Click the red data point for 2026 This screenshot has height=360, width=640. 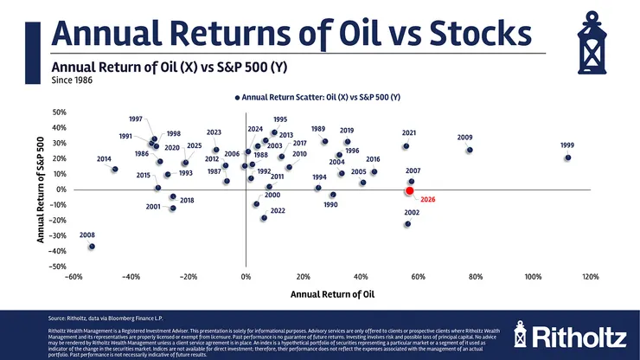click(410, 190)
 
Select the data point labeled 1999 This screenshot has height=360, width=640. click(567, 157)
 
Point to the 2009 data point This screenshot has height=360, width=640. click(470, 150)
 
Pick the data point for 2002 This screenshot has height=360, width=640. click(407, 224)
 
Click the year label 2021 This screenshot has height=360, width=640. click(409, 132)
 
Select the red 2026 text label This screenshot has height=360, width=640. click(427, 200)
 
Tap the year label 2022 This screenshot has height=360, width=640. click(278, 210)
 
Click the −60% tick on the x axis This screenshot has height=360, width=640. click(73, 277)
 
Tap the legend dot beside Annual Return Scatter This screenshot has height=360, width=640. click(237, 98)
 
